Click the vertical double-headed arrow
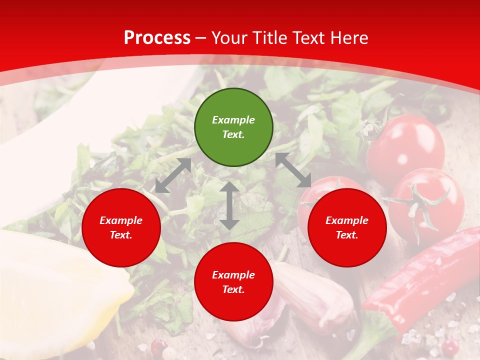tap(229, 205)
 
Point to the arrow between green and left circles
tap(173, 175)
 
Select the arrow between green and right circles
tap(293, 170)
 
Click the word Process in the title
tap(157, 38)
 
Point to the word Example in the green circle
tap(233, 120)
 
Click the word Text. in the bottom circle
tap(233, 289)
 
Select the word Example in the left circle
tap(121, 220)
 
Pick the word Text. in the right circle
tap(347, 235)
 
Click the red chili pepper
tap(425, 280)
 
